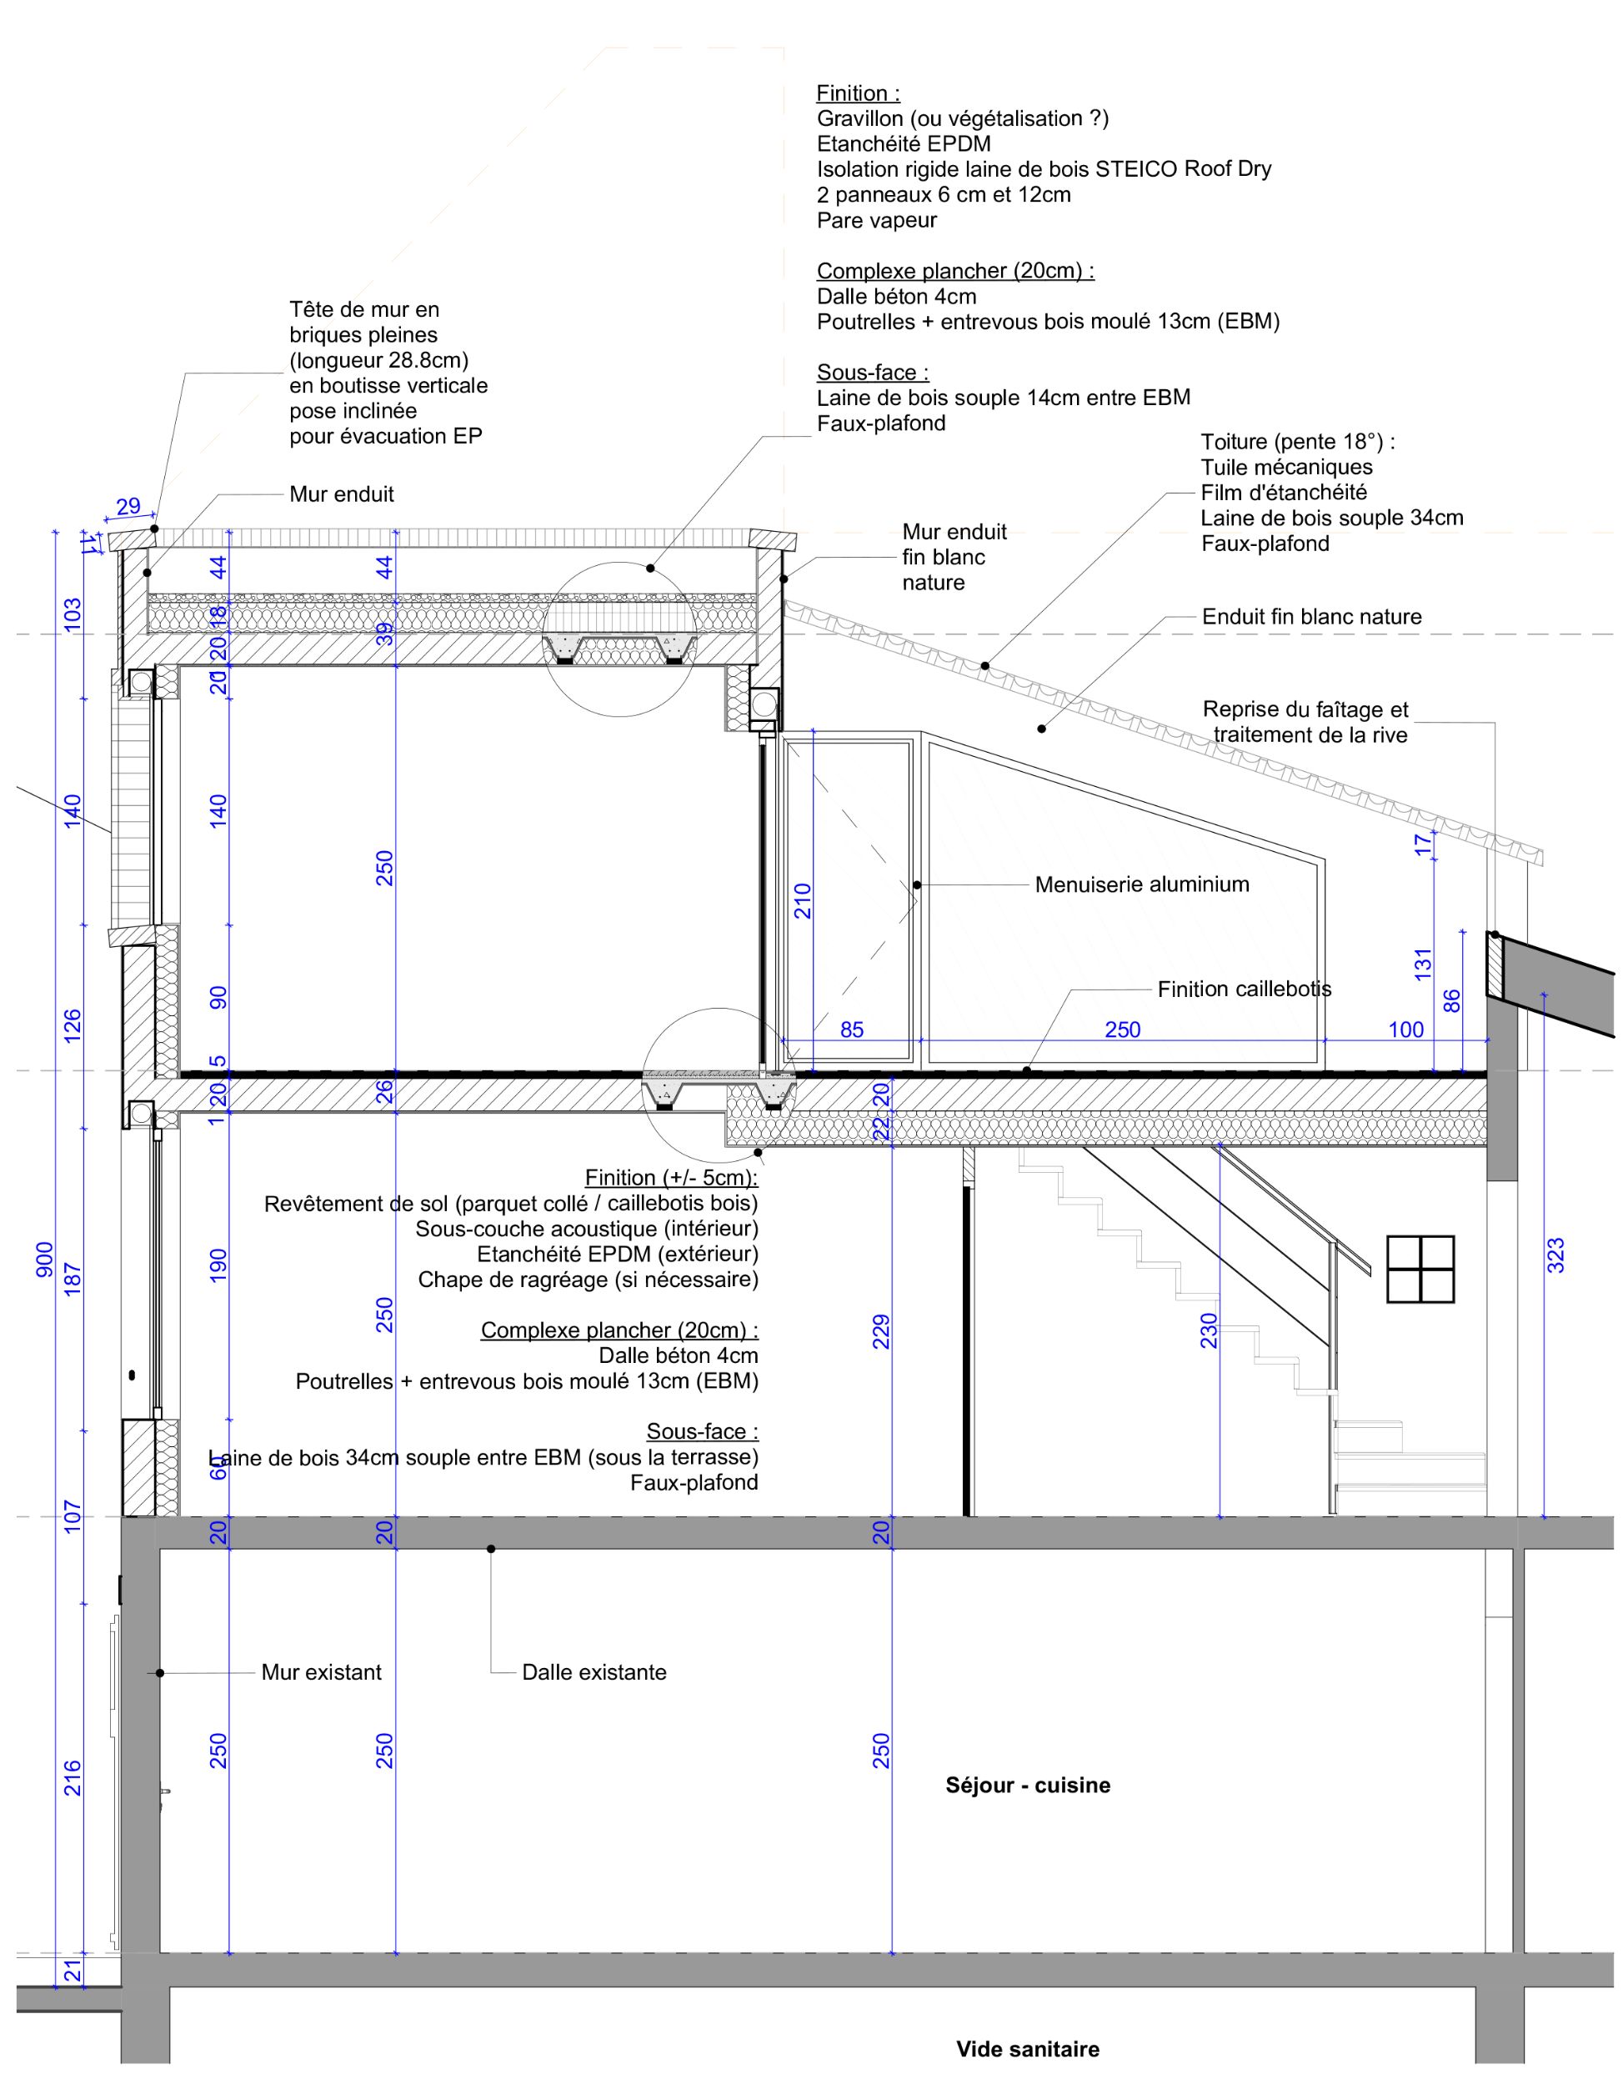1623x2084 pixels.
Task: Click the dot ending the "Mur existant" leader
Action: (160, 1673)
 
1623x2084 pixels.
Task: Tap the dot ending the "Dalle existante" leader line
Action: (491, 1549)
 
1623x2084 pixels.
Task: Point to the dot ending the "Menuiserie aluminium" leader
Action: (917, 884)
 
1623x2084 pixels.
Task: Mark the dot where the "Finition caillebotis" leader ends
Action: (1028, 1070)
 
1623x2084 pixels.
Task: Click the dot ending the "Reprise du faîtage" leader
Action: (1495, 935)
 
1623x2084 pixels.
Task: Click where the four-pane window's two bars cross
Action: (1420, 1269)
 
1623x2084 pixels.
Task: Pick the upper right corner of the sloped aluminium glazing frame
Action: (1325, 859)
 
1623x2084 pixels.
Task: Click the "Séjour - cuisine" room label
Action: (1028, 1786)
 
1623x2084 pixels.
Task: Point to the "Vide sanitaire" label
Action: (1028, 2049)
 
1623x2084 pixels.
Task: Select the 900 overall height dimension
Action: (45, 1259)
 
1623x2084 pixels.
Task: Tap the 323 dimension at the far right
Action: (1555, 1255)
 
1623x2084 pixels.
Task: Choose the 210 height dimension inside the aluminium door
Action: (803, 901)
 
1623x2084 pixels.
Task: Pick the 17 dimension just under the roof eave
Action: (1423, 844)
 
